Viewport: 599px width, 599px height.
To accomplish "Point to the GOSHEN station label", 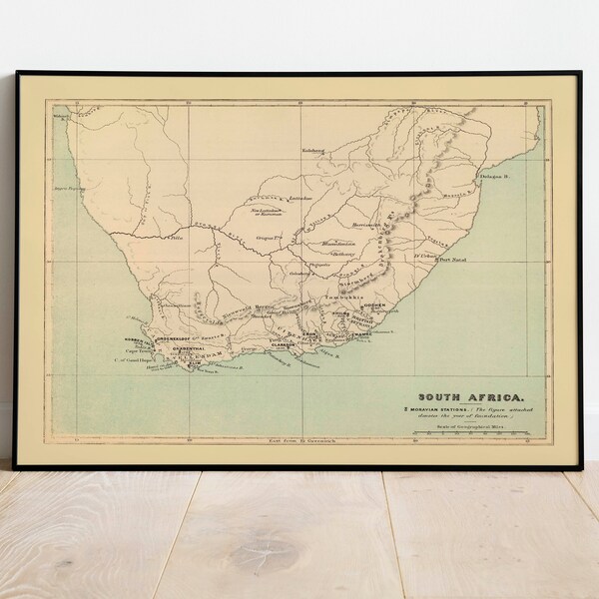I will click(x=372, y=302).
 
